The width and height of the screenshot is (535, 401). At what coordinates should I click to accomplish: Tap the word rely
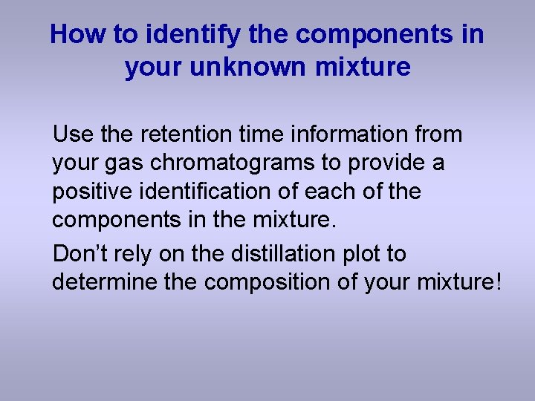click(x=138, y=254)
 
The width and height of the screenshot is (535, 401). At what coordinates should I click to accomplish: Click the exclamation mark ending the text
click(x=498, y=282)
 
